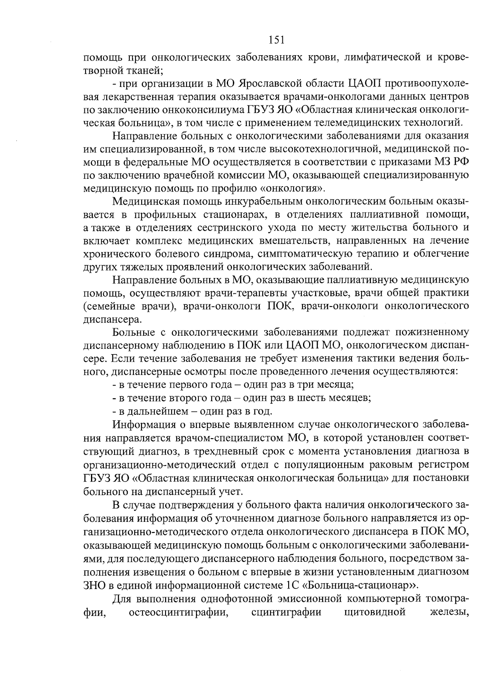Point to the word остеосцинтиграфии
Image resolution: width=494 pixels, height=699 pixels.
pyautogui.click(x=179, y=612)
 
